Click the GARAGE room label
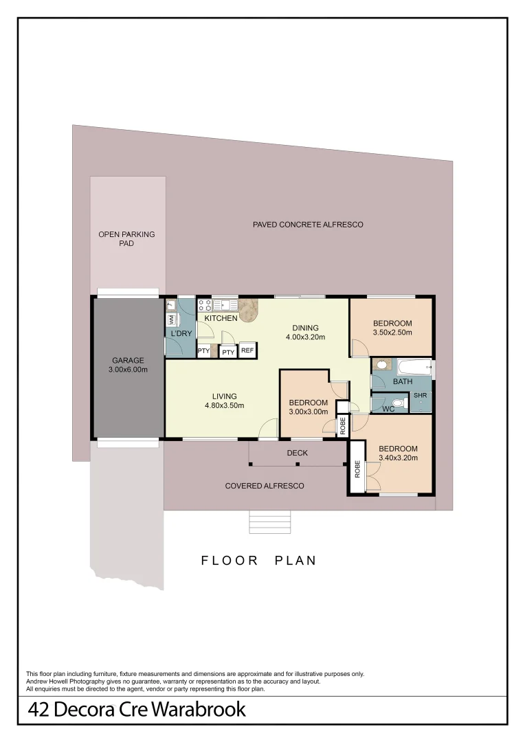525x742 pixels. click(x=129, y=360)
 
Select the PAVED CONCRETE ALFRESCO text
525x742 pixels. click(x=307, y=225)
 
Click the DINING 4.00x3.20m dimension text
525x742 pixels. click(x=305, y=337)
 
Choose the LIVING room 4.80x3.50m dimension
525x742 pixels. click(x=224, y=405)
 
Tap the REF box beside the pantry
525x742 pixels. click(x=247, y=350)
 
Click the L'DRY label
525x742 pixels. click(x=181, y=334)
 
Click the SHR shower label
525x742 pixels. click(x=420, y=396)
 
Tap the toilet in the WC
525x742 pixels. click(x=396, y=403)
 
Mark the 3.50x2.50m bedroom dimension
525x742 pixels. click(x=392, y=333)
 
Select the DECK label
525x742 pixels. click(x=298, y=453)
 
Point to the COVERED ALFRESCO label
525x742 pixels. click(x=265, y=486)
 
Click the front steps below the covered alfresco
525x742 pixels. click(x=270, y=523)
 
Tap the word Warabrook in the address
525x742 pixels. click(x=201, y=710)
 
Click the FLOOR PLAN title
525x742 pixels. click(x=259, y=561)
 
